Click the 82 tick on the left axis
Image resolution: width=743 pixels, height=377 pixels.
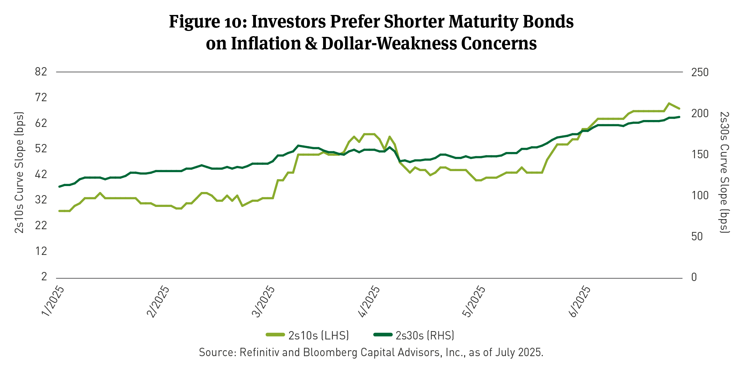click(x=41, y=72)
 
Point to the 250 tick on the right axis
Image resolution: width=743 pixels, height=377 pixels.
click(x=700, y=72)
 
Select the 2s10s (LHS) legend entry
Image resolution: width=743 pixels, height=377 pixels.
click(x=307, y=335)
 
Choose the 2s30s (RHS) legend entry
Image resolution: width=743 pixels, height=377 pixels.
click(x=414, y=335)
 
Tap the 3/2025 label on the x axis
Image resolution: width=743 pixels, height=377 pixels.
click(x=263, y=302)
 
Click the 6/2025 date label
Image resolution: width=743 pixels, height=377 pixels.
click(x=579, y=302)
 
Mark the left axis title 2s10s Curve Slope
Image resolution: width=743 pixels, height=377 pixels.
click(x=19, y=173)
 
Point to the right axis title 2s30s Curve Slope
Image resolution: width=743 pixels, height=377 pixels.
click(x=724, y=173)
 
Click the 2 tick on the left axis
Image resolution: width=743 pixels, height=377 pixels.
click(x=44, y=276)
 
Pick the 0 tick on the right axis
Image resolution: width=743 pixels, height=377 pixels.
click(x=694, y=277)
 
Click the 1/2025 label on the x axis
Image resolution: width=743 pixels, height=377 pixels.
click(x=52, y=302)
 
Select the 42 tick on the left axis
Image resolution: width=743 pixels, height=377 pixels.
click(x=41, y=174)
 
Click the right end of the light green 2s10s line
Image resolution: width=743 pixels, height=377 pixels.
click(x=679, y=109)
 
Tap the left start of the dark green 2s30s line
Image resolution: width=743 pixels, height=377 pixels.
click(x=59, y=187)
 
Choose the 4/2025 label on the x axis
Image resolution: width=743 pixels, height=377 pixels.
click(x=369, y=302)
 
